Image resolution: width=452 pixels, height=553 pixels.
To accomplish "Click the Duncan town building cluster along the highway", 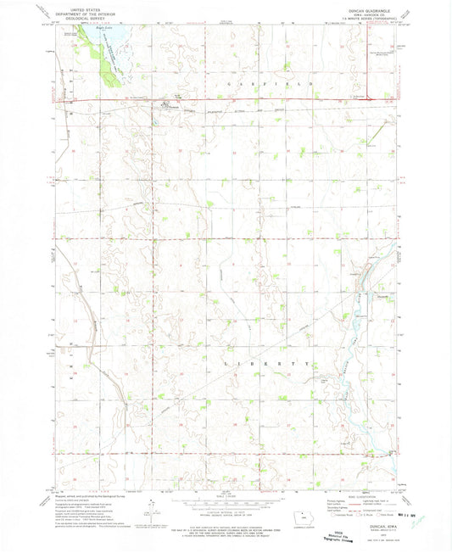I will (x=165, y=105).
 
